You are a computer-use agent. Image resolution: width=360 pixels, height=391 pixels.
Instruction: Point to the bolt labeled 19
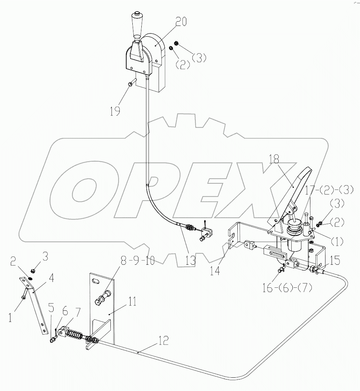[131, 83]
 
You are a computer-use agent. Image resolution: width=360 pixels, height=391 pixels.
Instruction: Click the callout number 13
[190, 260]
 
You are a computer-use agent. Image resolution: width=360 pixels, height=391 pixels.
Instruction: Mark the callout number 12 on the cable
[163, 340]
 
